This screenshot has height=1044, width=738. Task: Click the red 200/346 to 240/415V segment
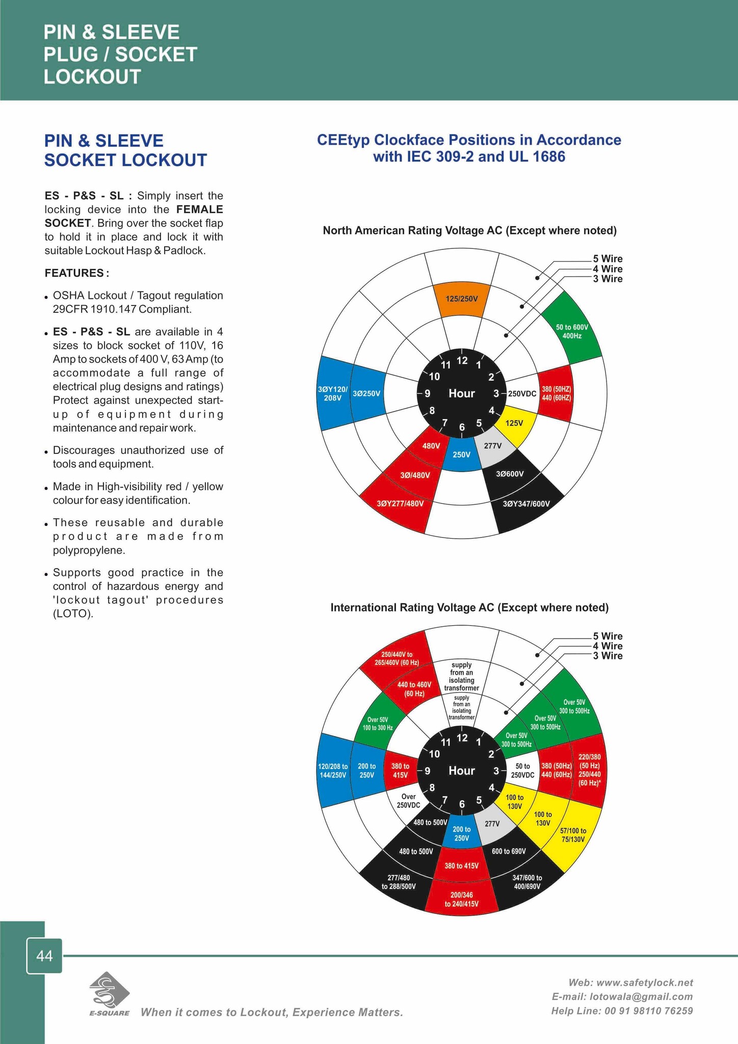tap(461, 899)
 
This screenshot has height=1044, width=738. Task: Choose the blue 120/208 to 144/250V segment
tap(334, 771)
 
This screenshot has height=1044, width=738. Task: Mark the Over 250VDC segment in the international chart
tap(409, 801)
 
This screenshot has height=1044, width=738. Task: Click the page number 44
tap(45, 956)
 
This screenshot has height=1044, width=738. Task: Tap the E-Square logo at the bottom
tap(109, 994)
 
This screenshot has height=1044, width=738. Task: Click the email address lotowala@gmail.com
tap(622, 997)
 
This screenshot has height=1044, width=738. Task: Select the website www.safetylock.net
tap(631, 982)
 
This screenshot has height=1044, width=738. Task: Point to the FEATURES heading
tap(76, 273)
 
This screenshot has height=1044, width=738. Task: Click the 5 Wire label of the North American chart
tap(608, 259)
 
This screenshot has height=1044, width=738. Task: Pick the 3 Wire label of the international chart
tap(608, 656)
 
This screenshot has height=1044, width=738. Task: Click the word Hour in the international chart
tap(461, 771)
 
